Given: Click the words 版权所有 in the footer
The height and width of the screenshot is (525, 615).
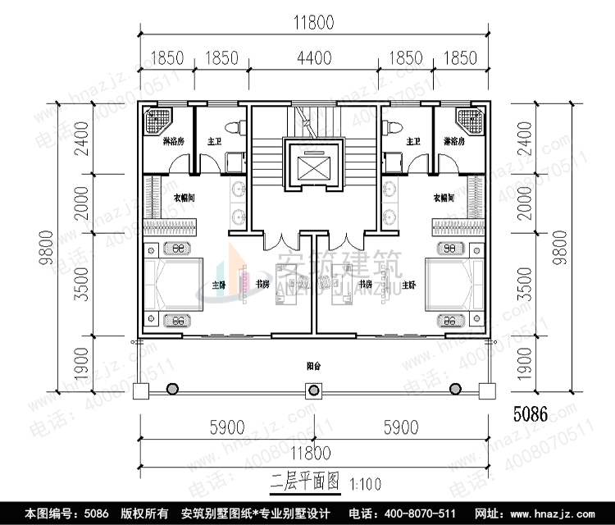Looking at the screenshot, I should pyautogui.click(x=145, y=514).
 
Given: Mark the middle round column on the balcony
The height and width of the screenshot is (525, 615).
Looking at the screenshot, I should pyautogui.click(x=314, y=389).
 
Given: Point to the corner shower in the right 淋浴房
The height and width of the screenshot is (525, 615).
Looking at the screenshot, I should pyautogui.click(x=470, y=121).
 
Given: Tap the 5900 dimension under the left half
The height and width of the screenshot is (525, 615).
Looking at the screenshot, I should pyautogui.click(x=227, y=427).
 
